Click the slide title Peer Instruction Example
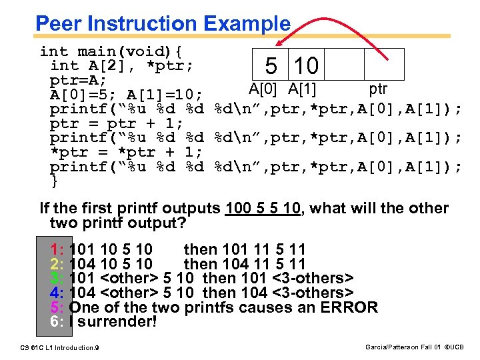click(x=163, y=24)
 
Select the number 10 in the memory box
click(x=306, y=66)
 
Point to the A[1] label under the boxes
click(x=302, y=89)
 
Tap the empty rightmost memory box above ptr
click(x=384, y=65)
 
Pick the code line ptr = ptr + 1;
click(x=117, y=123)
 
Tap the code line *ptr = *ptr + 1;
click(x=117, y=152)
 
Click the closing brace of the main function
click(x=55, y=181)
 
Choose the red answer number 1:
click(x=57, y=249)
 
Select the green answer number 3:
click(x=57, y=277)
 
